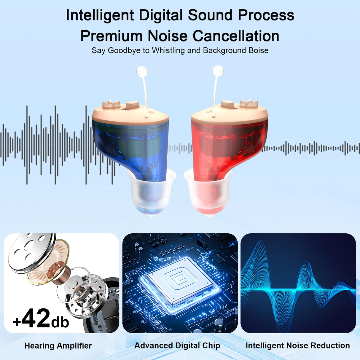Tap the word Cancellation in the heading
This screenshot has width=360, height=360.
pos(236,36)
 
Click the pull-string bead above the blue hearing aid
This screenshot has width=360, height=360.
pos(142,71)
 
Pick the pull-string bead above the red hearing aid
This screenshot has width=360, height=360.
pos(218,71)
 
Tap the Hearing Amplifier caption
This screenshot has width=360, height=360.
pos(58,346)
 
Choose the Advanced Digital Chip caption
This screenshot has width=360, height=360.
pos(177,345)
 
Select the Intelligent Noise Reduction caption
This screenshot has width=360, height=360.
pos(298,345)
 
